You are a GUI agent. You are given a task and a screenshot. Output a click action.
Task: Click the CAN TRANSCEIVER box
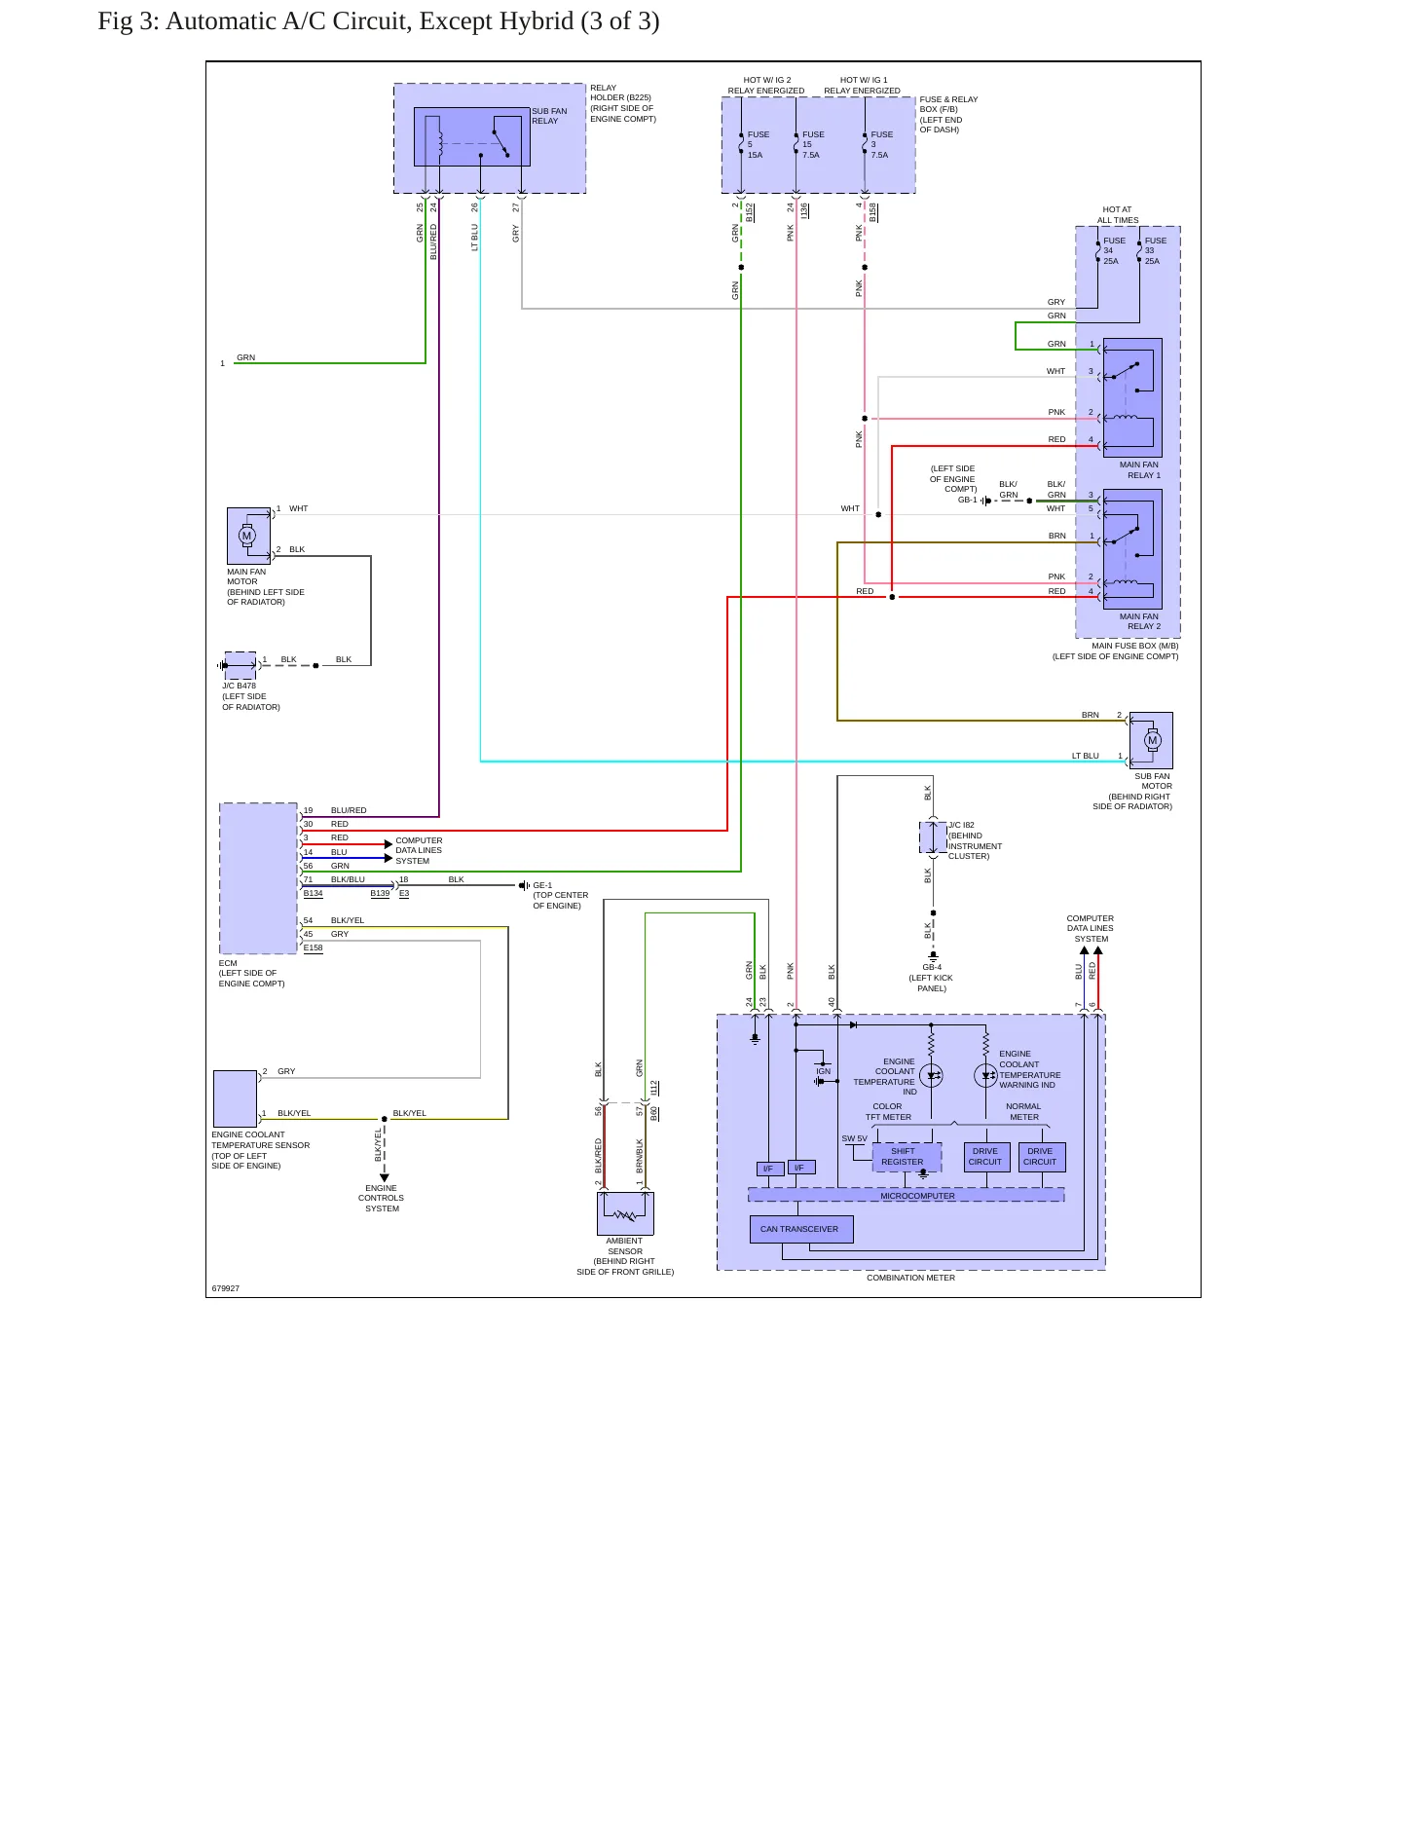click(800, 1229)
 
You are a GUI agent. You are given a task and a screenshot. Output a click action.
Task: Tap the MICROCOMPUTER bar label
click(917, 1196)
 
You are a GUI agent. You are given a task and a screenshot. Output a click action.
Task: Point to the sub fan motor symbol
click(1151, 740)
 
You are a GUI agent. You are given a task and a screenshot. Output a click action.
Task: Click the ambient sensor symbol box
click(625, 1213)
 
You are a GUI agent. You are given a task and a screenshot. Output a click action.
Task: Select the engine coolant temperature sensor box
click(235, 1098)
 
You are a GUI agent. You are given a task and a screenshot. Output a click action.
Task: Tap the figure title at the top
click(379, 21)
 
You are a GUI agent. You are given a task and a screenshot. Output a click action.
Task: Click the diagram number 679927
click(226, 1288)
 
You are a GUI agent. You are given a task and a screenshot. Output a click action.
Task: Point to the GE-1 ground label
click(542, 885)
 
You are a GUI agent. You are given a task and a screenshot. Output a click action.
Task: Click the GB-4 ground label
click(932, 967)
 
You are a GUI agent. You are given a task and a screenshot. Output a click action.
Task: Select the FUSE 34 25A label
click(1113, 250)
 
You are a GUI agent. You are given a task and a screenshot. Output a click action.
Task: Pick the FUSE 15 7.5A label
click(813, 144)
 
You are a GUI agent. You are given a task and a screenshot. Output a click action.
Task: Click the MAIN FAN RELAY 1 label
click(1140, 469)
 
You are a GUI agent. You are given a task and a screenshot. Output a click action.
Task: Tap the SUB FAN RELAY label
click(549, 116)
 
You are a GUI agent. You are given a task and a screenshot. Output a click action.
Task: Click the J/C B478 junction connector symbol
click(241, 665)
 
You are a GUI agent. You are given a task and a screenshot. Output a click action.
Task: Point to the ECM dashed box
click(258, 878)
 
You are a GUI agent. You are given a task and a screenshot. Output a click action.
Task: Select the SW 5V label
click(854, 1138)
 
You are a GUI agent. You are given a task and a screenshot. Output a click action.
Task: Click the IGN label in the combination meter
click(824, 1071)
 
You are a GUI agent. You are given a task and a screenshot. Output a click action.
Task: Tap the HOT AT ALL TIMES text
click(1117, 214)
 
